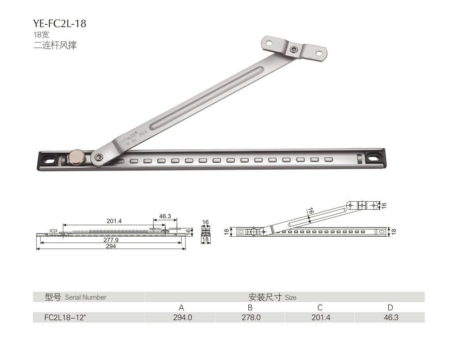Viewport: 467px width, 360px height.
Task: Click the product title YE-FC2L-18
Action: (x=59, y=23)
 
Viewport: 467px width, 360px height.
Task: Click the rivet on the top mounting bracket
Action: (x=294, y=49)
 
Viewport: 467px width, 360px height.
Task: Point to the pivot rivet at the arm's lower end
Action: (x=98, y=157)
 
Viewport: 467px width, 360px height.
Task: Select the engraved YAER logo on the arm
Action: (x=129, y=138)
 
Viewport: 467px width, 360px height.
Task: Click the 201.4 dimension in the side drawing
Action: (x=114, y=221)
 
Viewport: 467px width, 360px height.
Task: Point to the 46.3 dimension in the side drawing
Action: (x=165, y=216)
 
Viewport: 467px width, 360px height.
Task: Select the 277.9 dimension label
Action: (x=111, y=239)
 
